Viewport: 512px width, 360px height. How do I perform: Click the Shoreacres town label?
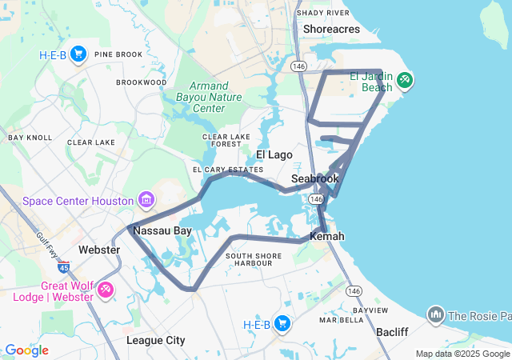(332, 29)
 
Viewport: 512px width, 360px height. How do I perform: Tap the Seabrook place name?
(315, 178)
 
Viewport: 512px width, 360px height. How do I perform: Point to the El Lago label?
(274, 154)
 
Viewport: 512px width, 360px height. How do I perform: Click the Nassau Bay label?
(162, 230)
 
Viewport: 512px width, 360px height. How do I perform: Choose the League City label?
(156, 340)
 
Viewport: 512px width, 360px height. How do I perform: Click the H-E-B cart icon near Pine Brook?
(78, 54)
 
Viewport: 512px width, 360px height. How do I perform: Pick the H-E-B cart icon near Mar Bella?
(282, 323)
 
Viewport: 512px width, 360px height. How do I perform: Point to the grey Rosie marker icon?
(436, 314)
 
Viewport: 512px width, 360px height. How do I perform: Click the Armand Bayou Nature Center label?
(210, 97)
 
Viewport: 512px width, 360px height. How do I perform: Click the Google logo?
(26, 350)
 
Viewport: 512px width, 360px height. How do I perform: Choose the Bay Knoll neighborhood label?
(30, 138)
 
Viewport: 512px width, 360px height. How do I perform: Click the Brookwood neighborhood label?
(141, 82)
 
